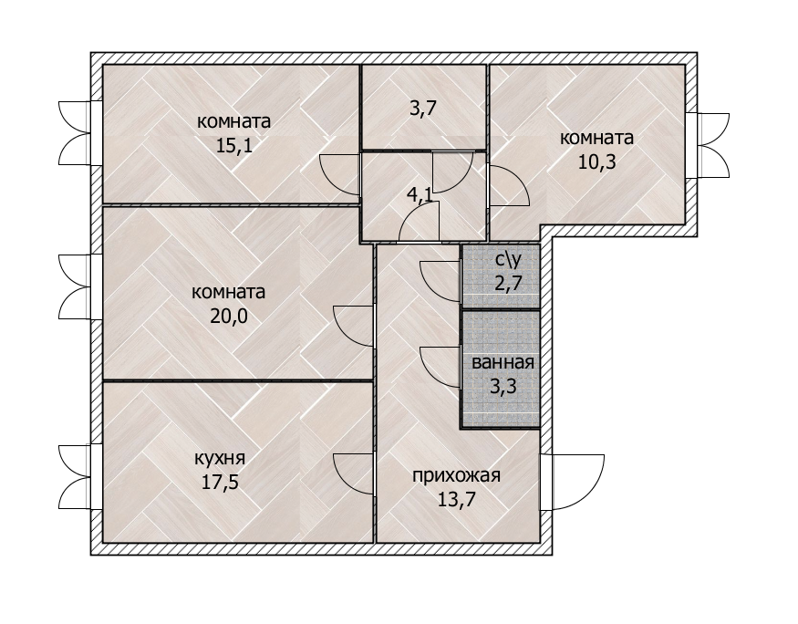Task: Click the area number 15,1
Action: point(234,146)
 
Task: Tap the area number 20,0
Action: point(229,317)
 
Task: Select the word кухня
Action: point(220,459)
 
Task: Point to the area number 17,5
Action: point(220,482)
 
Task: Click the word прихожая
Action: point(457,476)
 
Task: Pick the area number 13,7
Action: point(457,499)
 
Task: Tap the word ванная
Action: point(503,363)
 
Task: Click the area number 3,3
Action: point(503,386)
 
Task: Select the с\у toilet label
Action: point(508,260)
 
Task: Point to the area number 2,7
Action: point(508,283)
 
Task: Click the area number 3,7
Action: point(423,109)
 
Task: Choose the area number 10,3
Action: point(597,161)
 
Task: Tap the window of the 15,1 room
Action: point(77,133)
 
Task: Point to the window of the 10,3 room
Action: point(709,146)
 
